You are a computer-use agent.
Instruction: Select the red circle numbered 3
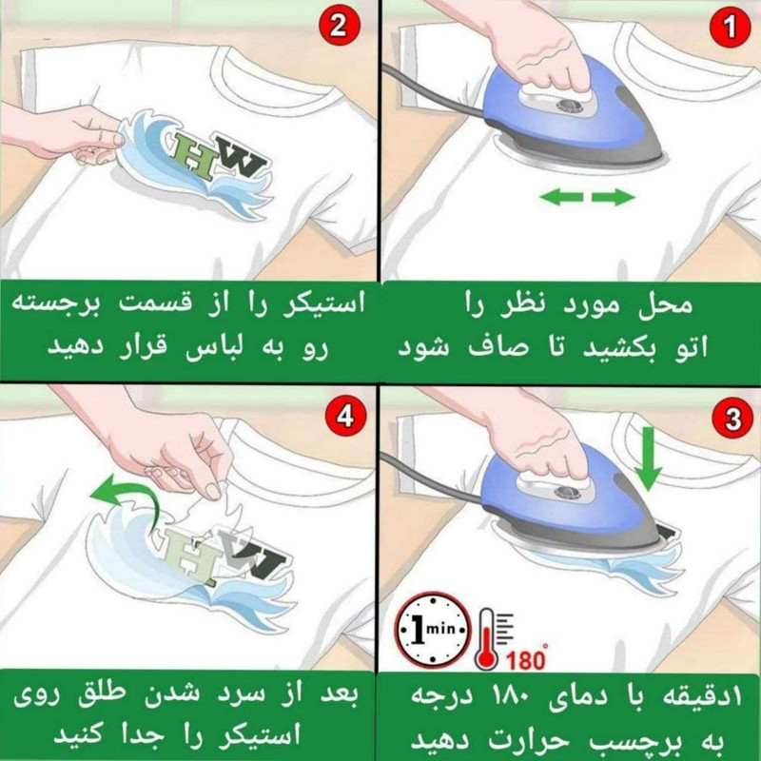pyautogui.click(x=731, y=419)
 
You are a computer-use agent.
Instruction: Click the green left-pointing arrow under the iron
pyautogui.click(x=560, y=197)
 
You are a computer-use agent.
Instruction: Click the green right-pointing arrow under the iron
pyautogui.click(x=614, y=197)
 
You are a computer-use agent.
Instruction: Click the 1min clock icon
pyautogui.click(x=434, y=629)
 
